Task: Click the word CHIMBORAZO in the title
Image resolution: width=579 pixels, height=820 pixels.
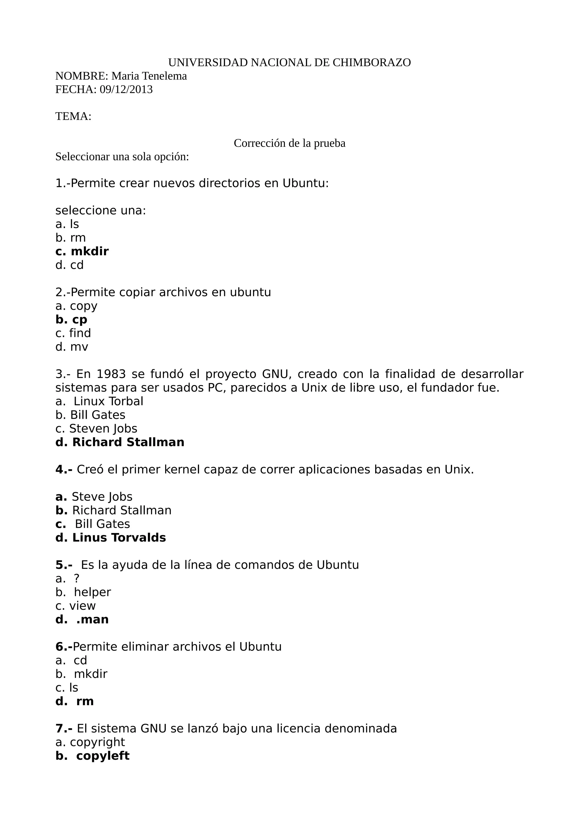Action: [x=371, y=63]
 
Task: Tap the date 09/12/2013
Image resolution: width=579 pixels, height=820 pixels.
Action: [x=126, y=89]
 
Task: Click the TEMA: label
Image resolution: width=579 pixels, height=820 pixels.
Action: [x=73, y=116]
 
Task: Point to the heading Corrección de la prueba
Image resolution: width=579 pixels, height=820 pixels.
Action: [x=289, y=143]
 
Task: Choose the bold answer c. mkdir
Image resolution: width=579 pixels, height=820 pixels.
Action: [x=82, y=252]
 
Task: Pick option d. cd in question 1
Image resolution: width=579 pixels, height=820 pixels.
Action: [x=69, y=265]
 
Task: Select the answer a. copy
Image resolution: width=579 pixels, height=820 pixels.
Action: [x=76, y=306]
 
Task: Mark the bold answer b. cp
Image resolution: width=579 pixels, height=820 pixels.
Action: [x=71, y=320]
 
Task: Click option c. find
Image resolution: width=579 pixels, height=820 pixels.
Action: [x=73, y=333]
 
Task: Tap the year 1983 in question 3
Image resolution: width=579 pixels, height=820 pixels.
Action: [x=111, y=374]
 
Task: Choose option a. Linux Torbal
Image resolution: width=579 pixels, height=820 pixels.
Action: [x=99, y=402]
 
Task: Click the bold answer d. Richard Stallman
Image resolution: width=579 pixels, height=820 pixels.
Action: [x=120, y=442]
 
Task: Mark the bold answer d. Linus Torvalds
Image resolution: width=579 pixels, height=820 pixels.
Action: [x=111, y=538]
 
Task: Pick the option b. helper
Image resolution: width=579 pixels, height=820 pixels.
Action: [x=83, y=592]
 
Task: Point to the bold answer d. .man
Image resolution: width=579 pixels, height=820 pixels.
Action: [x=82, y=619]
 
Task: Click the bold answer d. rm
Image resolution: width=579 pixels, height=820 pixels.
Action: [x=75, y=701]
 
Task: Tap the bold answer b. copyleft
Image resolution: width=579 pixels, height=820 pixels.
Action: [x=92, y=756]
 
